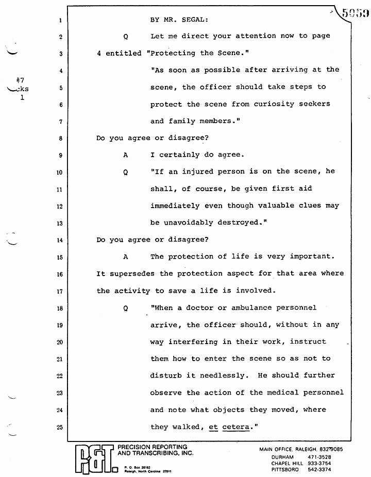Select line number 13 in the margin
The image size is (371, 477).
tap(60, 224)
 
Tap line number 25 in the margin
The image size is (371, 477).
tap(60, 427)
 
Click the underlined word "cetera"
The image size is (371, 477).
tap(235, 427)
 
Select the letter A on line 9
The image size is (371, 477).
tap(125, 155)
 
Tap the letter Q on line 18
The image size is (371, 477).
tap(125, 309)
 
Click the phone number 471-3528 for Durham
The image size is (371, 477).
tap(320, 457)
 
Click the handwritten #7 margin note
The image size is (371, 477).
tap(21, 80)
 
